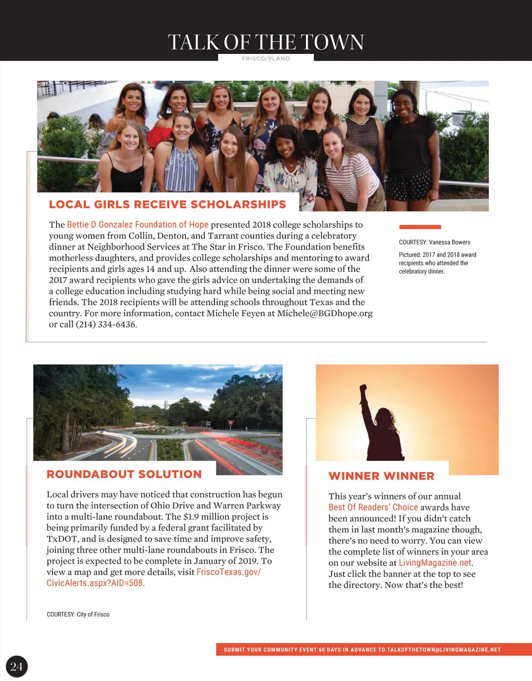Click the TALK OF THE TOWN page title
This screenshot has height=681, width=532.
pos(265,42)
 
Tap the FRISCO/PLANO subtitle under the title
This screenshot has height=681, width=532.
pos(265,59)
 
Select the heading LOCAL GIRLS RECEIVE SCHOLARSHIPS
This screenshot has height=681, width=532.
pos(167,205)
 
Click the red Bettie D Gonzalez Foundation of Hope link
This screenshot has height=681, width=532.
pos(138,225)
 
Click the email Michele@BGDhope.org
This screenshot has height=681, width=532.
pos(325,314)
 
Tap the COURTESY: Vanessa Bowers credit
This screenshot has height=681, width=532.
pos(434,242)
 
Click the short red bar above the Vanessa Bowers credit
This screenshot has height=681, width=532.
pos(420,227)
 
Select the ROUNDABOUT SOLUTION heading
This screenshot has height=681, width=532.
pos(124,474)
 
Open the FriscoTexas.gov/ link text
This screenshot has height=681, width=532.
pos(229,572)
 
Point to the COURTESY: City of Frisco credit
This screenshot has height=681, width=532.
pos(78,615)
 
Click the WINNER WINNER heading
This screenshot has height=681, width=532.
pos(381,476)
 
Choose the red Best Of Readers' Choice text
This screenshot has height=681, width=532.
pos(373,508)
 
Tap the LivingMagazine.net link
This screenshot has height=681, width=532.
pos(435,563)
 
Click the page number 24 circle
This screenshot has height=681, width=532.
pos(16,667)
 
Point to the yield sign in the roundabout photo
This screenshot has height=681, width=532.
pos(231,423)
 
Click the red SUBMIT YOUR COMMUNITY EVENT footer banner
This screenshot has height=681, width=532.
pos(374,650)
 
